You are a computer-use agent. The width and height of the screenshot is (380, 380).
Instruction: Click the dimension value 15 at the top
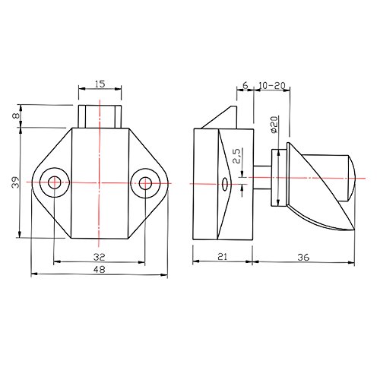pos(100,84)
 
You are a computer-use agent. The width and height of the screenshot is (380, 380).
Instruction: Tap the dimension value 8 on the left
pos(16,116)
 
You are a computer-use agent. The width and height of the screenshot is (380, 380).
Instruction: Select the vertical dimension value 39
pos(16,182)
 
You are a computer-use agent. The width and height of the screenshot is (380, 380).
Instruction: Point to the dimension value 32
pos(99,257)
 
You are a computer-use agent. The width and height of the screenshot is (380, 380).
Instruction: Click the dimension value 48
pos(100,269)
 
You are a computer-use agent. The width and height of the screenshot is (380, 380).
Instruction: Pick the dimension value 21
pos(222,257)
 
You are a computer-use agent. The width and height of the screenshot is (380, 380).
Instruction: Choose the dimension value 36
pos(303,258)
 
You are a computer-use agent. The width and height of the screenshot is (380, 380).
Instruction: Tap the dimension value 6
pos(245,85)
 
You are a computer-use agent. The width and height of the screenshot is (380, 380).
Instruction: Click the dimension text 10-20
pos(272,86)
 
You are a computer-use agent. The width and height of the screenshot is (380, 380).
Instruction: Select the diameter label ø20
pos(274,125)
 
